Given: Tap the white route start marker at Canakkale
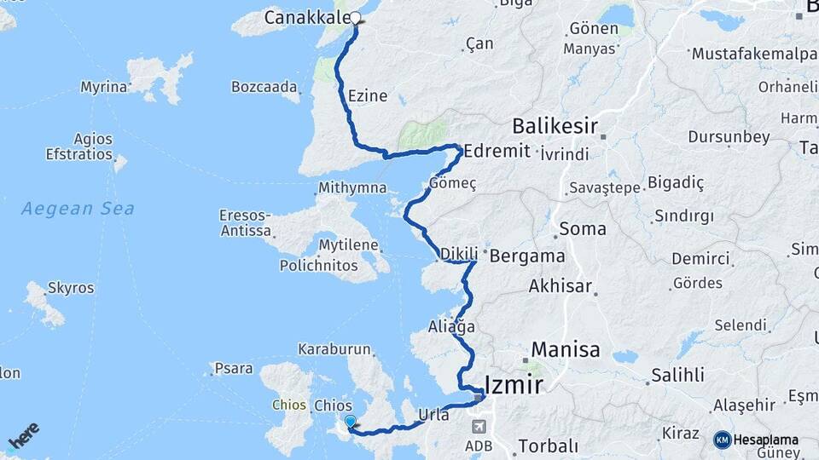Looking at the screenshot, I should tap(356, 17).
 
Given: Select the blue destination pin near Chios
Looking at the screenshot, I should tap(350, 421).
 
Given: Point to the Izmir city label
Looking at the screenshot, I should tap(513, 385).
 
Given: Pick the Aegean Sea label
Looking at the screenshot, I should tap(78, 208).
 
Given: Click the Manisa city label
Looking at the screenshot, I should tap(566, 349).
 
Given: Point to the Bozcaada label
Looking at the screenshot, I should tap(264, 87).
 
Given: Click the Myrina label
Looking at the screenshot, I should tap(104, 87).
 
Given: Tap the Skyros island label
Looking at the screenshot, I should tap(71, 288).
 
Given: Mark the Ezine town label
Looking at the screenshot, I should tap(369, 96).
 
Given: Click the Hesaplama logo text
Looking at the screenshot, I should tap(767, 440).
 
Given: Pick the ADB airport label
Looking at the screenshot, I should tap(477, 445).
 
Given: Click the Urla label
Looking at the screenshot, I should tap(433, 415).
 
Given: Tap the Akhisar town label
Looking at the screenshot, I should tap(560, 286).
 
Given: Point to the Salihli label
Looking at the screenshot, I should tap(677, 375).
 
